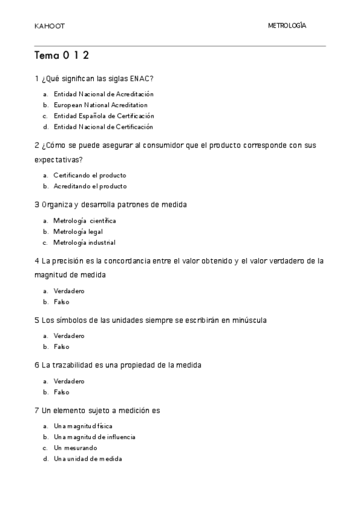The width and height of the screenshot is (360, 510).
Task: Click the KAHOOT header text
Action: [x=50, y=26]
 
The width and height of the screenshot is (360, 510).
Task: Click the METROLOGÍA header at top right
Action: [x=287, y=26]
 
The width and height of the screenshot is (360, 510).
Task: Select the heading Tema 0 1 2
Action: [x=62, y=56]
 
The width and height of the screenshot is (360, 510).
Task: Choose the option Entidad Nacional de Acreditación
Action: [x=103, y=94]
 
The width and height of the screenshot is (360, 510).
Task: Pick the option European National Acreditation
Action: [x=100, y=105]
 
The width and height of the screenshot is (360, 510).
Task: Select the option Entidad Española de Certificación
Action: [x=103, y=116]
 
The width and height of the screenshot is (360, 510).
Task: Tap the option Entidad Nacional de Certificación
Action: [x=103, y=127]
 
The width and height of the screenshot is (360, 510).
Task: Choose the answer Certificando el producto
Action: [x=90, y=176]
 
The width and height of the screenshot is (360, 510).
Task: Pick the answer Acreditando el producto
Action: [x=90, y=186]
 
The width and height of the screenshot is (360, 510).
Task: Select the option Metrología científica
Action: [x=85, y=221]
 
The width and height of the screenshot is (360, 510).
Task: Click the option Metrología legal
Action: [x=78, y=232]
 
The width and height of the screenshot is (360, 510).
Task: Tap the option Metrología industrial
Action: [x=84, y=242]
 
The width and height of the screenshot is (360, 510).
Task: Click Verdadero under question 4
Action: [x=69, y=291]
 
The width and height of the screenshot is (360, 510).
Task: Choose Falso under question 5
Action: [x=61, y=347]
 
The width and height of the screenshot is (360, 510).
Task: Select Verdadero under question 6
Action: [x=69, y=381]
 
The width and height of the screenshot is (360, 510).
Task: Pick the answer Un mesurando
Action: [x=75, y=448]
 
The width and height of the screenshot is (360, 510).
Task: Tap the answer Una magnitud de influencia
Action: [x=94, y=437]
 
